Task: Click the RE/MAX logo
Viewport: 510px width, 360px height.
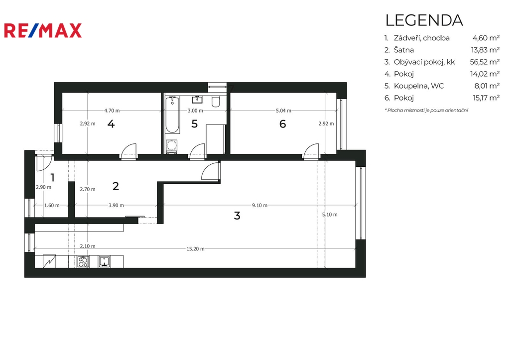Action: click(x=43, y=30)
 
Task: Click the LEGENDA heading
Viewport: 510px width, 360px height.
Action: click(x=424, y=20)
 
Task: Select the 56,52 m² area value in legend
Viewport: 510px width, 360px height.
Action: click(x=485, y=62)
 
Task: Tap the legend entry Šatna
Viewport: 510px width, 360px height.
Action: click(x=403, y=50)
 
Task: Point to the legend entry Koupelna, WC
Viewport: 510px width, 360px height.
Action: click(x=418, y=86)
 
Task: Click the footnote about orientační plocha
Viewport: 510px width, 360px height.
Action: click(x=426, y=110)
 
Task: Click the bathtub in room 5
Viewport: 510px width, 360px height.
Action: click(x=172, y=115)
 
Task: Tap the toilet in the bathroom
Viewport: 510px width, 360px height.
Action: click(x=215, y=101)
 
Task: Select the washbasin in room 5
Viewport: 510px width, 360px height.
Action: click(x=197, y=99)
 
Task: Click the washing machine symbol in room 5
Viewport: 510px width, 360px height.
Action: click(x=171, y=146)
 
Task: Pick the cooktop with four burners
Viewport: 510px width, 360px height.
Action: click(x=83, y=261)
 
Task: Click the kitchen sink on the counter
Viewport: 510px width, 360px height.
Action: click(x=105, y=261)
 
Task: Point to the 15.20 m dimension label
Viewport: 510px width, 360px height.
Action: click(x=195, y=249)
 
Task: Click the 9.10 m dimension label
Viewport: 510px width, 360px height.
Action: click(x=259, y=205)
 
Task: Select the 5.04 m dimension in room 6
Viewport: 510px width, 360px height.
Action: click(x=283, y=111)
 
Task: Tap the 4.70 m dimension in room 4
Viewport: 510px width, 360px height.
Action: click(x=112, y=111)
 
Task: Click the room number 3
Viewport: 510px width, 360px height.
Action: click(x=237, y=215)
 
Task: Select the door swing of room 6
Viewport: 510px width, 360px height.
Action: click(x=311, y=150)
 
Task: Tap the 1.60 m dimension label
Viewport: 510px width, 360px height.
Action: click(x=52, y=205)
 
